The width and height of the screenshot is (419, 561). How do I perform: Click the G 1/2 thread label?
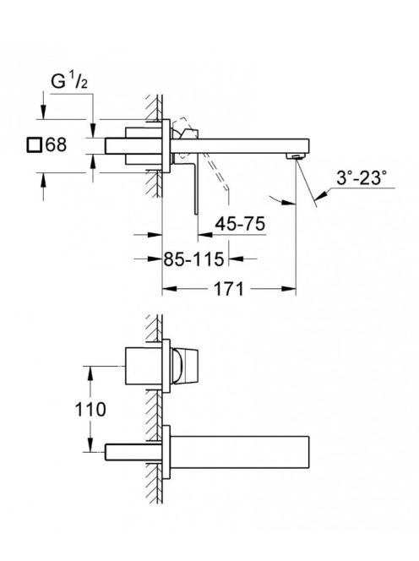pos(69,82)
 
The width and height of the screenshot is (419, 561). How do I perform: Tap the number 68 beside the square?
pos(57,145)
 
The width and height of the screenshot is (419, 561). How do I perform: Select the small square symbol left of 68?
pos(35,145)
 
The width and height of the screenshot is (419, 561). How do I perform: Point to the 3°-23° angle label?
pos(362,177)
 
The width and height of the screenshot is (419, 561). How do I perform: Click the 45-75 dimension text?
pos(240,225)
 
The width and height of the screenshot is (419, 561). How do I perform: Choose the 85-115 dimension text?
pos(193,259)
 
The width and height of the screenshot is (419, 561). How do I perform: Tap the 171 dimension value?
pos(228,289)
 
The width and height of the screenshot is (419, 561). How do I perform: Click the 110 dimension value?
pos(90,409)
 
